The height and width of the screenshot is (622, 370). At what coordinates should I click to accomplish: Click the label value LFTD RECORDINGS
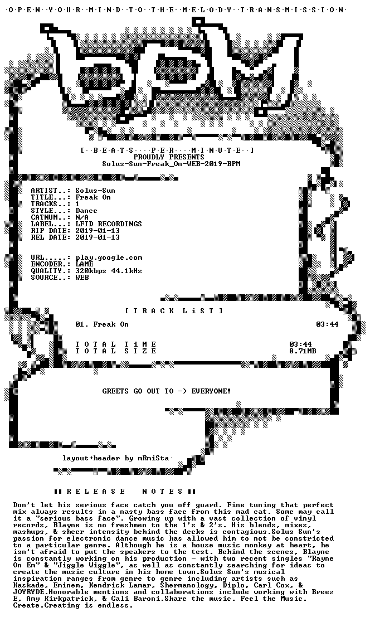pos(109,224)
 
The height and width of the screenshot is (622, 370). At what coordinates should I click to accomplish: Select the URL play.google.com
pos(109,258)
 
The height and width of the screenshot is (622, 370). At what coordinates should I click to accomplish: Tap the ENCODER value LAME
pos(85,264)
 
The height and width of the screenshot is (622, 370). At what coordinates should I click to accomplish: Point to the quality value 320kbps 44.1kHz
pos(109,271)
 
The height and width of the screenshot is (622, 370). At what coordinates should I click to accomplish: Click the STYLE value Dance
pos(86,211)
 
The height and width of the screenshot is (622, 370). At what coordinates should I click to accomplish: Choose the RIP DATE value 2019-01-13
pos(98,231)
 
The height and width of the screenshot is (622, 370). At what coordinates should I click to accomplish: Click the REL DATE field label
pos(48,237)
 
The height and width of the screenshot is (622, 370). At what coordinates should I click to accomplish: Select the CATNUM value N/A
pos(82,217)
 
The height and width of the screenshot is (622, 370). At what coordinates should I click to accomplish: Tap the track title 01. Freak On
pos(102,324)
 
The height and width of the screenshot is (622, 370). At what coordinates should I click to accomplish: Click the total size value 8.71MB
pos(303,351)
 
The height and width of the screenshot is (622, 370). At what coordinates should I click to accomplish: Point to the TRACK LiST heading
pos(174,311)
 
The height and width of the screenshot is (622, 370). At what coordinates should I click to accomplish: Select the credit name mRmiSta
pos(153,458)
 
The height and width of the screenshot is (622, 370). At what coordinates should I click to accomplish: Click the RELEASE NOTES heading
pos(124,492)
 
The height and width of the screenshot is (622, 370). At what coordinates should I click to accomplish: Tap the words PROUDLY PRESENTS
pos(169,157)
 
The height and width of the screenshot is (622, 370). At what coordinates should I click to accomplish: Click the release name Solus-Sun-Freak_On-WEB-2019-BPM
pos(171,164)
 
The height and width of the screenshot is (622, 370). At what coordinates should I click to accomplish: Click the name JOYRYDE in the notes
pos(29,592)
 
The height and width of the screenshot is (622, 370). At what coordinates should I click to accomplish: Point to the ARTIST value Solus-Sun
pos(96,191)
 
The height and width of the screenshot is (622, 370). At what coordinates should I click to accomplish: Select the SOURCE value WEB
pos(82,278)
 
